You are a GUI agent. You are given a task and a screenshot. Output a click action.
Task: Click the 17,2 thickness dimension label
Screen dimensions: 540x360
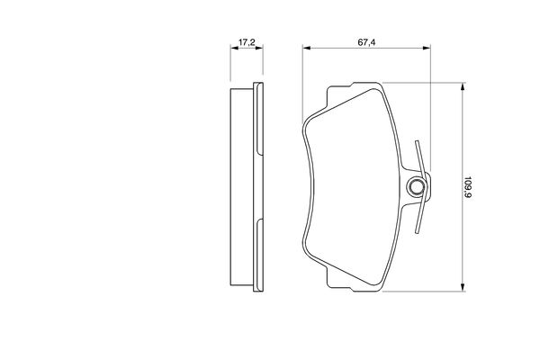[x=247, y=42]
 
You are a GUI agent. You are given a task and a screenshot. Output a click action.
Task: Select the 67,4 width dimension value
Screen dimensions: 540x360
[x=366, y=42]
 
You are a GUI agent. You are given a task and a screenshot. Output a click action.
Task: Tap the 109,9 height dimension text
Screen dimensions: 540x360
[x=467, y=187]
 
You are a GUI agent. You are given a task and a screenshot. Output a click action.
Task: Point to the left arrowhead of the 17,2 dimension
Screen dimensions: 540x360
[x=234, y=48]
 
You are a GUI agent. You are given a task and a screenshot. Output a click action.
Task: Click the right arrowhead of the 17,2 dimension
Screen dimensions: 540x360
[x=259, y=48]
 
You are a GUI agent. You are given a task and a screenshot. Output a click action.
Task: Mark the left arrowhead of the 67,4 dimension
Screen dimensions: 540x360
[x=307, y=48]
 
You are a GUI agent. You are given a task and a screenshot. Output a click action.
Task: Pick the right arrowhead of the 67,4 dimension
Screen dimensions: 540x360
[x=427, y=48]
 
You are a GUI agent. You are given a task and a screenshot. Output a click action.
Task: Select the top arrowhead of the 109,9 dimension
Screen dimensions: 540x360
[x=463, y=86]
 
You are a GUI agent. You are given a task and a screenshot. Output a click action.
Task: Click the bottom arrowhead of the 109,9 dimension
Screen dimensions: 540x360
[x=463, y=287]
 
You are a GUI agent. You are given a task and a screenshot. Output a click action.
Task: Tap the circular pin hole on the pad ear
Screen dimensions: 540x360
[x=416, y=187]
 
